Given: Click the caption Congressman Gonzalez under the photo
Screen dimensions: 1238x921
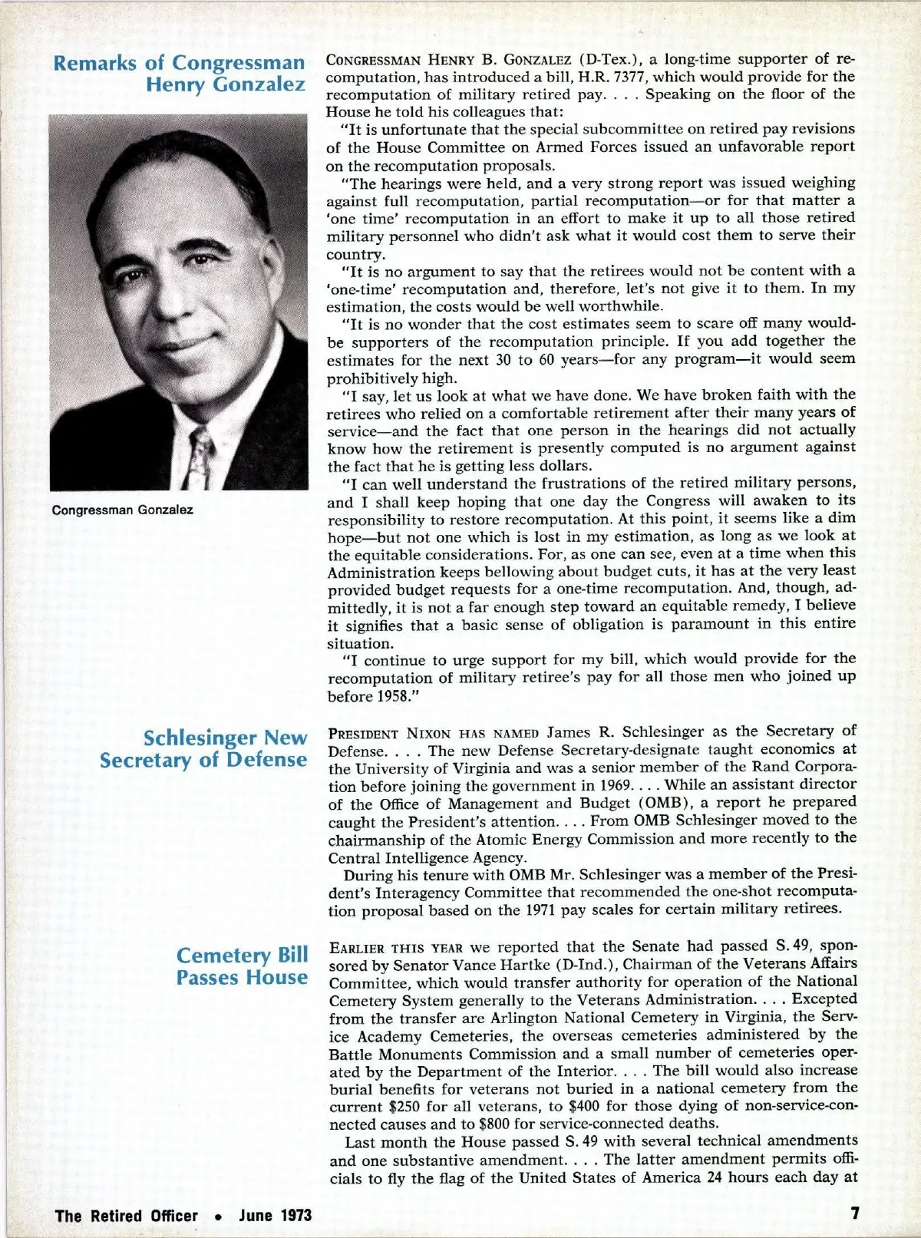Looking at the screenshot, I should click(x=123, y=510).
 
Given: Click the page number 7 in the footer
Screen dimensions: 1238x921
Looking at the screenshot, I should click(x=854, y=1213).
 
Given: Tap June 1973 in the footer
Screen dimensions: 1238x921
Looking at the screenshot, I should click(x=275, y=1216).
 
